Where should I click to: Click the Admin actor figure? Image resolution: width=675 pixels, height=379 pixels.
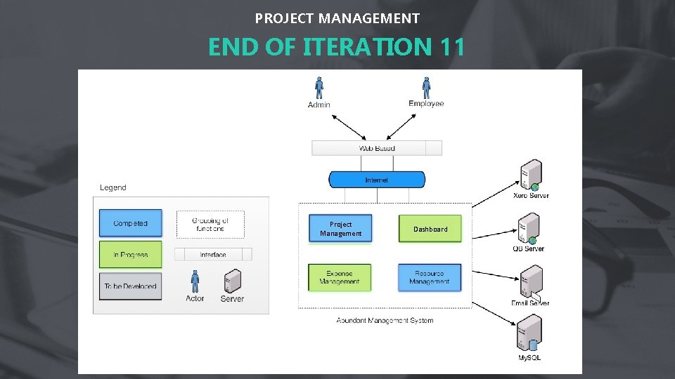(319, 88)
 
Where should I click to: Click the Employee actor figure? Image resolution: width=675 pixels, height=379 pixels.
(426, 87)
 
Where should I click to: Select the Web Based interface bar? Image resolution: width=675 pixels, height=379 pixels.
(376, 148)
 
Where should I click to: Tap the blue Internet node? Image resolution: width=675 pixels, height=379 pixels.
(377, 180)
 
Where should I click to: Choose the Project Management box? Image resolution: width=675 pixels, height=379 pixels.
(341, 229)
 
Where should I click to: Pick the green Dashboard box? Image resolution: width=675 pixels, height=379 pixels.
(430, 229)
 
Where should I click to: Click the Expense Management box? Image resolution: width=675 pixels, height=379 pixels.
(340, 277)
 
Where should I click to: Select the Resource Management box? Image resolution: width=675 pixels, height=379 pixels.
(430, 277)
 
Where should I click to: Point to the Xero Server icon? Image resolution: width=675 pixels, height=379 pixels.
(531, 175)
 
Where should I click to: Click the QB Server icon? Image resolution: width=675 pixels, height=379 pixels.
(529, 228)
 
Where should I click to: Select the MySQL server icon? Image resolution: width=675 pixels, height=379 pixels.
(529, 334)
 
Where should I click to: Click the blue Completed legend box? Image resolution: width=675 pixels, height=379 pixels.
(130, 223)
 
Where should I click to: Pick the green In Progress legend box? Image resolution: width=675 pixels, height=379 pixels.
(130, 255)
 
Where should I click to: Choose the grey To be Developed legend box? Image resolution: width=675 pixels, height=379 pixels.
(130, 286)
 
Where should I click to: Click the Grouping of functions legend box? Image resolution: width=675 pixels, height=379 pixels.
(210, 224)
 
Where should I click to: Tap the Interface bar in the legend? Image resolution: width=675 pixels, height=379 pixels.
(212, 254)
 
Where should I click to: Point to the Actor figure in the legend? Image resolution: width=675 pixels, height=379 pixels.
(195, 282)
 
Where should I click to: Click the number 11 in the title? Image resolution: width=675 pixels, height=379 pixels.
(450, 47)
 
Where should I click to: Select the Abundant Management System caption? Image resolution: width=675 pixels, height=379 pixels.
(385, 320)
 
